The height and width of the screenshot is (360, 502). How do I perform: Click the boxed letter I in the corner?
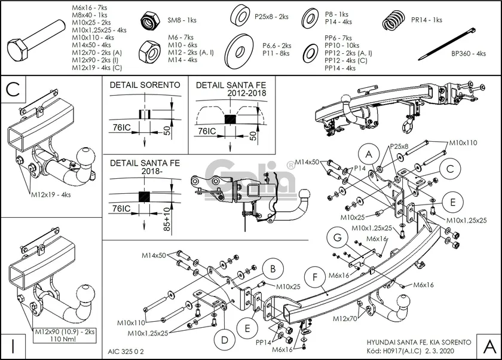13,346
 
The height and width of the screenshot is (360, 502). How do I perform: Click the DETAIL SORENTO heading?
145,85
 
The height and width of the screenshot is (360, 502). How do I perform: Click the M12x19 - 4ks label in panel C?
51,194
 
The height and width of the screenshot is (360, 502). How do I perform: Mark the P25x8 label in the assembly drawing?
399,146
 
